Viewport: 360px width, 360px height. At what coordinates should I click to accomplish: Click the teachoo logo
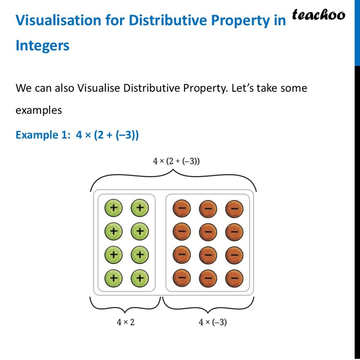pyautogui.click(x=318, y=15)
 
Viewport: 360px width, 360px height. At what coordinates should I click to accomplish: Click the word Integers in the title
pyautogui.click(x=42, y=45)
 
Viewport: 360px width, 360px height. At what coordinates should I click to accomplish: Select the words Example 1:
pyautogui.click(x=43, y=135)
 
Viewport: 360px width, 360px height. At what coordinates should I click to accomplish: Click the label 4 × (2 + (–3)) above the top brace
pyautogui.click(x=176, y=161)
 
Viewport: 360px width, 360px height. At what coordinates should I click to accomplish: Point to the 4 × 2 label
pyautogui.click(x=125, y=322)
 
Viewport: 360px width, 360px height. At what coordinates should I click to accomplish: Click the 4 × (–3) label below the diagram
pyautogui.click(x=213, y=322)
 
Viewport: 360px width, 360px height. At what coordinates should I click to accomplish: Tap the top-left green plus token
pyautogui.click(x=113, y=208)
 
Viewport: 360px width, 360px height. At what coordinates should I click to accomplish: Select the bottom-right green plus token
pyautogui.click(x=140, y=278)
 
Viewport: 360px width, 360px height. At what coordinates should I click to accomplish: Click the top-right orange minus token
pyautogui.click(x=234, y=209)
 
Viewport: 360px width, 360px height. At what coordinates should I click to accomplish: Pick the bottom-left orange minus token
pyautogui.click(x=182, y=278)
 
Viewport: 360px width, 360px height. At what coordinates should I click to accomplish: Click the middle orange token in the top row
pyautogui.click(x=208, y=209)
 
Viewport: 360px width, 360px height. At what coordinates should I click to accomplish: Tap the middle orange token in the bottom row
pyautogui.click(x=208, y=278)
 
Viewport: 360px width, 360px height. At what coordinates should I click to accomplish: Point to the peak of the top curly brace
pyautogui.click(x=173, y=170)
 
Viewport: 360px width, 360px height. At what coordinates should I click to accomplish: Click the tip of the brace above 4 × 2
pyautogui.click(x=125, y=313)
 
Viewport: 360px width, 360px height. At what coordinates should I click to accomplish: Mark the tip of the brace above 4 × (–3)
pyautogui.click(x=208, y=313)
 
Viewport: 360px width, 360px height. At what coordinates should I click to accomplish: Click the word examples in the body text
pyautogui.click(x=39, y=110)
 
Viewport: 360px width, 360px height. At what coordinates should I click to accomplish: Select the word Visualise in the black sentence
pyautogui.click(x=98, y=88)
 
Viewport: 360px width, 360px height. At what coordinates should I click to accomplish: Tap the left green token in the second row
pyautogui.click(x=113, y=231)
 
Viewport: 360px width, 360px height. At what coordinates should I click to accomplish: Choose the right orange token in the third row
pyautogui.click(x=234, y=255)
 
